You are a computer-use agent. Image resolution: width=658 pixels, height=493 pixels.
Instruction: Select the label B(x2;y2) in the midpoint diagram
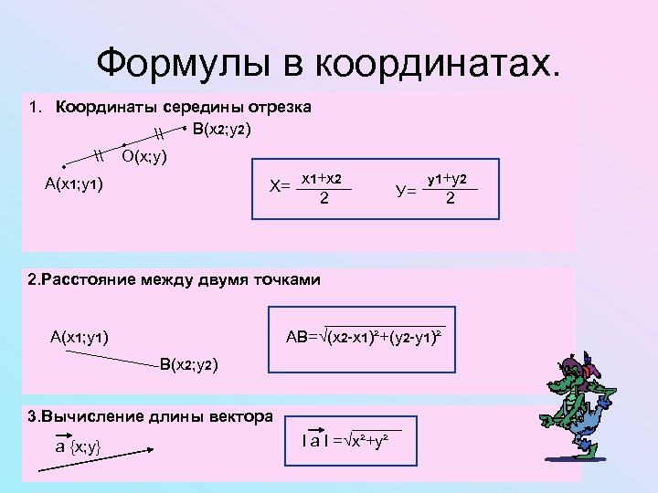222,130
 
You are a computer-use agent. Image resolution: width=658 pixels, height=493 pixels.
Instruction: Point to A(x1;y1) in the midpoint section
74,185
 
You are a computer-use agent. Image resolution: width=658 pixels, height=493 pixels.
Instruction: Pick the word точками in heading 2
283,280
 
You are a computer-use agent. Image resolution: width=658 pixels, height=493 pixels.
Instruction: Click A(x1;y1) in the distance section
80,338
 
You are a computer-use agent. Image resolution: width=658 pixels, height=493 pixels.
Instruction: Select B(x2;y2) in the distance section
188,365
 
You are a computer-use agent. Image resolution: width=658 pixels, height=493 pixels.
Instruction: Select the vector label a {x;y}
77,446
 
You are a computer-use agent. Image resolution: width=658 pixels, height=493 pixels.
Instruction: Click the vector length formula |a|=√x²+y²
351,441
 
